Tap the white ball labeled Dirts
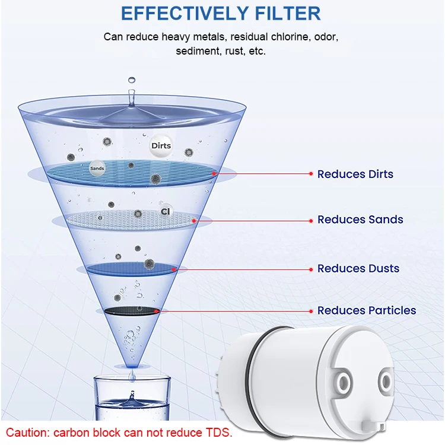(161, 145)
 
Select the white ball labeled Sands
(97, 169)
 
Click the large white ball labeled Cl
(166, 212)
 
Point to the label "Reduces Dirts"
(355, 174)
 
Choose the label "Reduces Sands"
(360, 220)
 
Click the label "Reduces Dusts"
(358, 268)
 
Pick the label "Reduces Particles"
(366, 310)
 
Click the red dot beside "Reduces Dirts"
(310, 174)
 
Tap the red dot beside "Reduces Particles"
(310, 310)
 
